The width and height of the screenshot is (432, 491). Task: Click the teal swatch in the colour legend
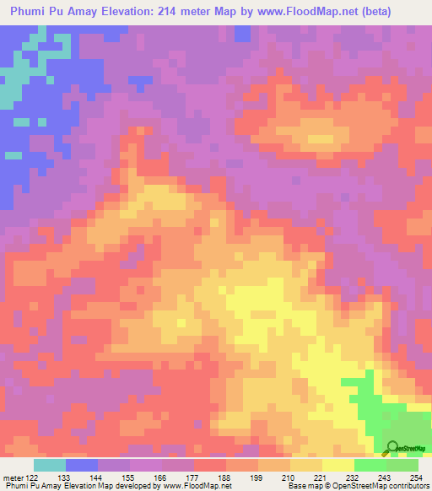[x=50, y=465]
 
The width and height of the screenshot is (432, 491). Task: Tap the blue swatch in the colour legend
[x=82, y=465]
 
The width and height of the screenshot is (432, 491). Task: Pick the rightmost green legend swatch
[x=402, y=465]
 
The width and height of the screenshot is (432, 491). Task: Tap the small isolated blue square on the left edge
[x=13, y=154]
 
